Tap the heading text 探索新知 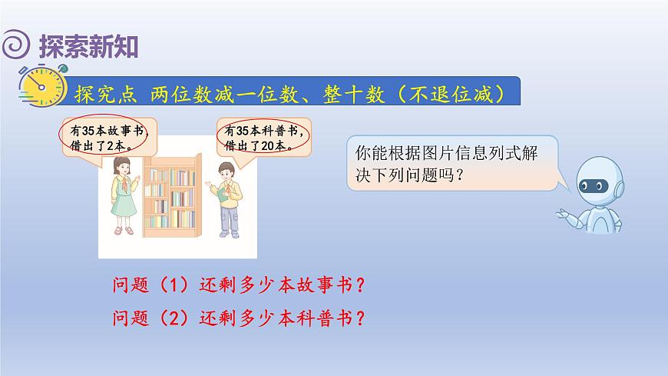coord(88,46)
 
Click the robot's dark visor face coord(593,185)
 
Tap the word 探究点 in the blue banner coord(106,95)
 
